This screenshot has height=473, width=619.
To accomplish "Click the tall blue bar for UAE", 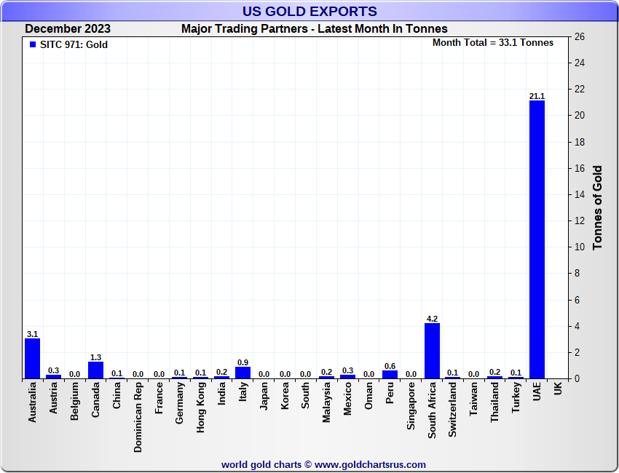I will pos(537,240).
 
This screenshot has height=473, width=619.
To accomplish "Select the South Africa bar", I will pos(432,351).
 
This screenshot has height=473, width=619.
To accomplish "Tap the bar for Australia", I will pos(32,358).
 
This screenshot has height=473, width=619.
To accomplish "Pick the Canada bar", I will pos(95,370).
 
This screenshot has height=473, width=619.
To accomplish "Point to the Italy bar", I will pos(243,373).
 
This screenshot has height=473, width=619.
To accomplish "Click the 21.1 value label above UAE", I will pos(537,96).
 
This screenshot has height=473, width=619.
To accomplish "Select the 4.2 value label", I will pos(432,319).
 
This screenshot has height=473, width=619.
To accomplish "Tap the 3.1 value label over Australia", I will pos(32,334).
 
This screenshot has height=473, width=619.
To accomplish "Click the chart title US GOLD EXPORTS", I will pos(309,11).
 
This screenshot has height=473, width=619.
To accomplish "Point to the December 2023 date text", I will pos(68,29).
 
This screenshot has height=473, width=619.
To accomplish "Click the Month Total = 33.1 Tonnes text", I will pos(493,43).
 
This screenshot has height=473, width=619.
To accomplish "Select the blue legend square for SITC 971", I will pos(32,45).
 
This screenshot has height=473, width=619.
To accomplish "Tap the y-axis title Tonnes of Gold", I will pos(598,207).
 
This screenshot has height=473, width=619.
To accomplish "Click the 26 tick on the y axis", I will pos(580,37).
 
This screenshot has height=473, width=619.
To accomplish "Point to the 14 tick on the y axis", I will pos(580,195).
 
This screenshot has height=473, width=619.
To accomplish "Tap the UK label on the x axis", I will pos(558,389).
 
